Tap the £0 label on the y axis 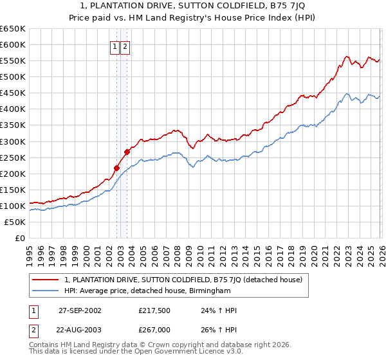point(19,239)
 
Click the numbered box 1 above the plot point(115,46)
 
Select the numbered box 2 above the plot point(125,46)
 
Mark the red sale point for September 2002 point(117,168)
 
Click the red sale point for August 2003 point(127,152)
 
